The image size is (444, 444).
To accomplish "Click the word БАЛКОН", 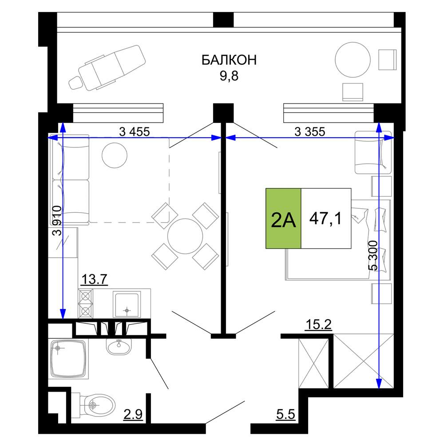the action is click(229, 60).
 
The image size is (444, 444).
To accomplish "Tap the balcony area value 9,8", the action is click(229, 76).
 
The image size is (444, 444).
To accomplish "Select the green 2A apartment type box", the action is click(283, 218).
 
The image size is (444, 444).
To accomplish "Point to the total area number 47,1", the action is click(325, 218).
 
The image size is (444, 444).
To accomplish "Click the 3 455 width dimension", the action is click(134, 132).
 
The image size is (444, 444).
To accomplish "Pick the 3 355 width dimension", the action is click(309, 132).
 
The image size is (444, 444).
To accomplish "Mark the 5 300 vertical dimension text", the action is click(373, 255).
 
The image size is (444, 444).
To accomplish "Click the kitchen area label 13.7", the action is click(94, 279).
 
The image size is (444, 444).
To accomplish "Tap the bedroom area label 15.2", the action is click(318, 325).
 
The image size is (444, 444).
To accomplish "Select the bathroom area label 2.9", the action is click(133, 415).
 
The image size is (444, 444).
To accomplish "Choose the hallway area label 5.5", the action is click(285, 415).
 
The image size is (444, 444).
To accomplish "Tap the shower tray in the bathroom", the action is click(68, 358).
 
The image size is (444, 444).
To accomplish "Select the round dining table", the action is click(185, 236).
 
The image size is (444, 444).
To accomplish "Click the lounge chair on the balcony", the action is click(107, 68).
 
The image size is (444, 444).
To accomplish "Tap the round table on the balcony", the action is click(353, 60).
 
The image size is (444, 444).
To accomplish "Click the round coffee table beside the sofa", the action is click(115, 155).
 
